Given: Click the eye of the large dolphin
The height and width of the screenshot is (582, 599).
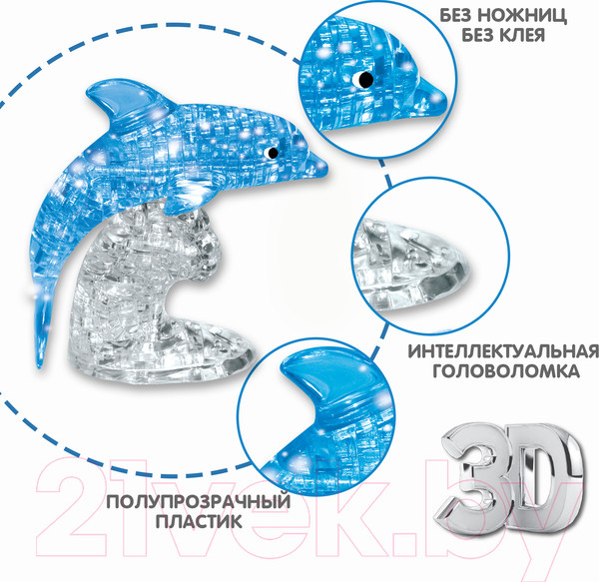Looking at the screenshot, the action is pos(272,153).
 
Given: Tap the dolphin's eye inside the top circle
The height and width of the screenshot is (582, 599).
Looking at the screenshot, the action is pos(364,80).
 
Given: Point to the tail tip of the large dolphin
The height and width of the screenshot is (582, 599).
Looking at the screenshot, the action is pos(39,365).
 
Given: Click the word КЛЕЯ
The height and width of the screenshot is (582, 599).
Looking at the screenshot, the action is pos(524,35).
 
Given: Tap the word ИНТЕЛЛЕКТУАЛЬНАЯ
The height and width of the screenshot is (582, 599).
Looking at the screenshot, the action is pos(503,351).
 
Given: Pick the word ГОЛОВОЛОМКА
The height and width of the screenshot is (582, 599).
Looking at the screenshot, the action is pos(506,370).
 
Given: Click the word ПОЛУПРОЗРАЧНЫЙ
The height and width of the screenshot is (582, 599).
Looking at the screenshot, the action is pos(199,501).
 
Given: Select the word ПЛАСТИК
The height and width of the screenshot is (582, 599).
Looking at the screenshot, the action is pos(199,521).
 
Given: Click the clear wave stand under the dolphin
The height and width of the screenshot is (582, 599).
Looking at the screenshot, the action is pos(145,275).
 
